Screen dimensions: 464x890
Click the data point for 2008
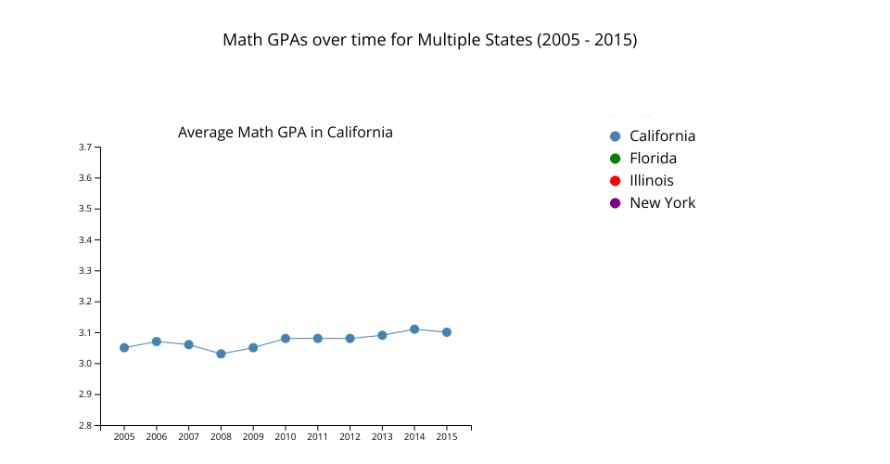(221, 354)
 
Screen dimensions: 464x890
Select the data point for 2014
(414, 329)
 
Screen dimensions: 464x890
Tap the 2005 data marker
(124, 348)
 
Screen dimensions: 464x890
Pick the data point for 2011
(318, 339)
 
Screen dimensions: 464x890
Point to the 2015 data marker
(447, 332)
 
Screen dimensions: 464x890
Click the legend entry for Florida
(653, 159)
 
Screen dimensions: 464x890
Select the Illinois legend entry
(651, 181)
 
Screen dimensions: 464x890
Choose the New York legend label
(662, 203)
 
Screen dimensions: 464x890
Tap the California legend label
(662, 136)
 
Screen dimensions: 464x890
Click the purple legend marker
(615, 203)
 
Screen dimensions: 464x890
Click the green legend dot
(615, 159)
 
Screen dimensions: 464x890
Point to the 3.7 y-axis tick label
(83, 148)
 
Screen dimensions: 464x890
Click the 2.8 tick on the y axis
(83, 426)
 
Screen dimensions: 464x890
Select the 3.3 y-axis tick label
(83, 271)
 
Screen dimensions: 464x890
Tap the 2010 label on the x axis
(286, 437)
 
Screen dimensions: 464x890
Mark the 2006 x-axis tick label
(157, 437)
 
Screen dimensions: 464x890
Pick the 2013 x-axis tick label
(382, 437)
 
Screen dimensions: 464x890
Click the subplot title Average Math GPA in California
(286, 133)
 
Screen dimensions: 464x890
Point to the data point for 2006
(157, 342)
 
